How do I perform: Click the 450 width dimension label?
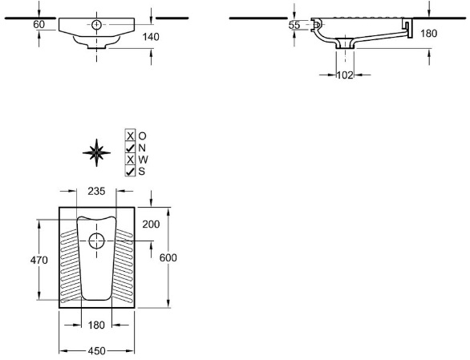[97, 350]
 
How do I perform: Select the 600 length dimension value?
[168, 257]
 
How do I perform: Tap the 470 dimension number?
[39, 260]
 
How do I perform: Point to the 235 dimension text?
[96, 191]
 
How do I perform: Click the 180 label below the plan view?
[96, 325]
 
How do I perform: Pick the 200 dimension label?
[151, 224]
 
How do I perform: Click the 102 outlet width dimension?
[345, 75]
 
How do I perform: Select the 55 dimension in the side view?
[294, 25]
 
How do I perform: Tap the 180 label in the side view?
[428, 33]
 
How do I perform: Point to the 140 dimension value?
[151, 37]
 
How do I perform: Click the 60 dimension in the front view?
[39, 25]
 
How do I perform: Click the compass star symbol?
[96, 152]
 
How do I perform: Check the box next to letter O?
[130, 136]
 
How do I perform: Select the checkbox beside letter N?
[130, 148]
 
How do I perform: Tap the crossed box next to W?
[130, 160]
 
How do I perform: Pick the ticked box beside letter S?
[130, 171]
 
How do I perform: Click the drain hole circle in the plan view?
[96, 241]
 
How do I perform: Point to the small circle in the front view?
[96, 24]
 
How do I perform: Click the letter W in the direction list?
[143, 160]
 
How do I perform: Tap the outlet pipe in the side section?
[345, 43]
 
